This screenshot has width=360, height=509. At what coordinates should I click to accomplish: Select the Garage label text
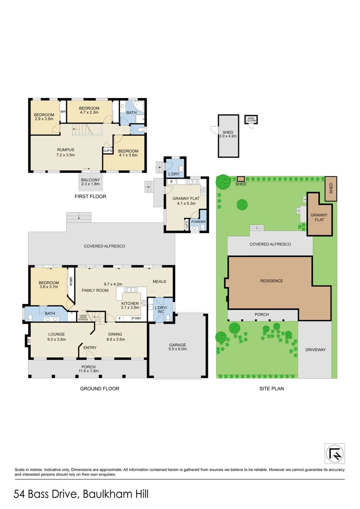(178, 344)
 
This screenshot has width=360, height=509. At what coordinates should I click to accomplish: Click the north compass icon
(335, 453)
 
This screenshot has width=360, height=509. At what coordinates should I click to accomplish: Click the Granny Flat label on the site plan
(319, 217)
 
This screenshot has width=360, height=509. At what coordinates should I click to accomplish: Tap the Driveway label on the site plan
(315, 350)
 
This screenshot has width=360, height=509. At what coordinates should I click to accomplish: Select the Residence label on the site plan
(272, 281)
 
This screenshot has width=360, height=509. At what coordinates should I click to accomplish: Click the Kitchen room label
(130, 304)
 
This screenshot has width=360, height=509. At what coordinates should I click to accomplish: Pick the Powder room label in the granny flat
(198, 221)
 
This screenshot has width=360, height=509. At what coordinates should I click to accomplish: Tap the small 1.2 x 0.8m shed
(251, 119)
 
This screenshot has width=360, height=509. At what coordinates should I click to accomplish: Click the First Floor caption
(90, 196)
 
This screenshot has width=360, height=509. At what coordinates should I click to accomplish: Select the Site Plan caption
(271, 389)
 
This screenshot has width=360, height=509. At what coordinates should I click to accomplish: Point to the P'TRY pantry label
(136, 319)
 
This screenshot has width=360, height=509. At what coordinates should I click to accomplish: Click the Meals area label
(159, 281)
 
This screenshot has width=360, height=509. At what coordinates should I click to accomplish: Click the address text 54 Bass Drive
(46, 494)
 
